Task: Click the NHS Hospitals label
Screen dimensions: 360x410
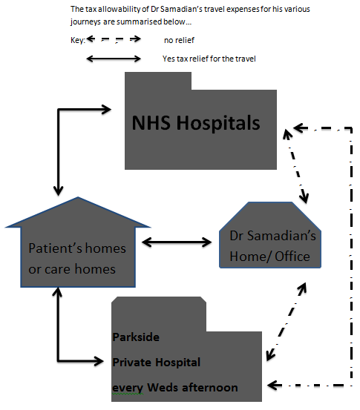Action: click(196, 123)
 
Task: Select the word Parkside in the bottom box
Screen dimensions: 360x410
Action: click(136, 337)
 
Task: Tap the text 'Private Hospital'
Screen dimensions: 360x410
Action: click(157, 363)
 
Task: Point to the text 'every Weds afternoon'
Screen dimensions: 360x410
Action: click(175, 388)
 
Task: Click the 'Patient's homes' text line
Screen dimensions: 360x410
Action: click(77, 248)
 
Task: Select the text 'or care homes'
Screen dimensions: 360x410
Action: click(72, 269)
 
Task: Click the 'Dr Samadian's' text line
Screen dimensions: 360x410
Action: click(273, 236)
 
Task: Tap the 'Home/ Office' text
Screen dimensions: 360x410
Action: click(270, 257)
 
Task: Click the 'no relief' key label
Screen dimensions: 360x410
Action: click(179, 40)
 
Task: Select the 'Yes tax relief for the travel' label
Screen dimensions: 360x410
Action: click(209, 59)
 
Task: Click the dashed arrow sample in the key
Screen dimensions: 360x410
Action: click(114, 39)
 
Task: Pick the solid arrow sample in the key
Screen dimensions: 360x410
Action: click(114, 59)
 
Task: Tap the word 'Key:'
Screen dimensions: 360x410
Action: click(78, 40)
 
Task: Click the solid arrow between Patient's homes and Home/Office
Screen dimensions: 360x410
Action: click(177, 242)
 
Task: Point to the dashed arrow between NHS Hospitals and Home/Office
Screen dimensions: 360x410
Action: click(296, 166)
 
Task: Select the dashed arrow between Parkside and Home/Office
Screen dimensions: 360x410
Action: click(287, 322)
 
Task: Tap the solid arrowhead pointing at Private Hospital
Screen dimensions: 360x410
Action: click(99, 361)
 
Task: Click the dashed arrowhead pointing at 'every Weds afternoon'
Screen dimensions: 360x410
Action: click(274, 385)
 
